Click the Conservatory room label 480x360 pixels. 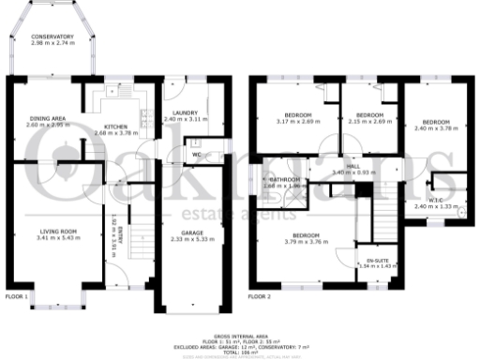(x=52, y=36)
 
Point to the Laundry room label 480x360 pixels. (x=184, y=115)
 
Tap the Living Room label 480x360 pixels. (x=57, y=230)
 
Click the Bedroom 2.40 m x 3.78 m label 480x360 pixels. (x=436, y=123)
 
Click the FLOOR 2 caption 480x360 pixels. (x=259, y=296)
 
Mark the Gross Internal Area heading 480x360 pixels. (x=241, y=333)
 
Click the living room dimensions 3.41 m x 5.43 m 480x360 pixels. (x=57, y=237)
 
